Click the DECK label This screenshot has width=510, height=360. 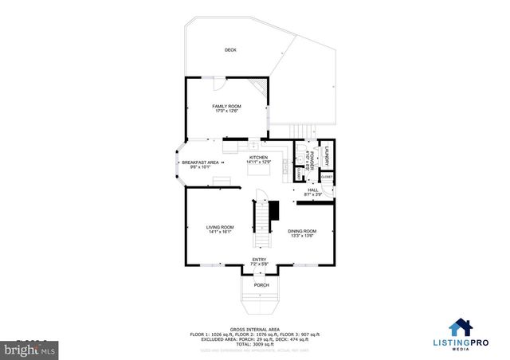click(230, 50)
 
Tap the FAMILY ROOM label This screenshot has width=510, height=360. click(226, 106)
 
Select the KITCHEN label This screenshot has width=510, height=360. click(259, 158)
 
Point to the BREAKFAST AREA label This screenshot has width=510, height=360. click(200, 162)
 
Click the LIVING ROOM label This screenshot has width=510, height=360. click(221, 227)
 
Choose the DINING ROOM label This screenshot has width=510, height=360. click(302, 231)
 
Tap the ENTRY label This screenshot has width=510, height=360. click(260, 259)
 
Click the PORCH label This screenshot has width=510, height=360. click(261, 285)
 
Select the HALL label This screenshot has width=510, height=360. click(313, 190)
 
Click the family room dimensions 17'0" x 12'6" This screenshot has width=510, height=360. click(226, 112)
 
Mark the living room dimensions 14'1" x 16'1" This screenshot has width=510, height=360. click(221, 233)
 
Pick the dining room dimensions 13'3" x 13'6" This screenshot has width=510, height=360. click(302, 237)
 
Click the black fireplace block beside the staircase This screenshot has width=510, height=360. click(274, 211)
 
